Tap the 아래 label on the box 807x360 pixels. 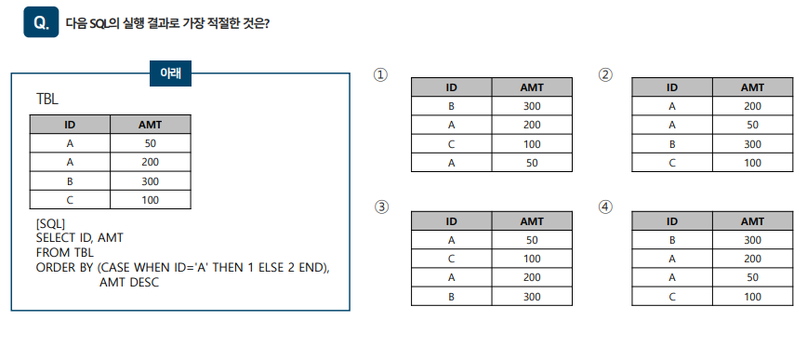(x=170, y=73)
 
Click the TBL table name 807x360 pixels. (x=47, y=99)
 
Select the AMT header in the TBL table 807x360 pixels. (x=150, y=125)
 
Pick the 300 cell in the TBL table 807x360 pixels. (x=150, y=180)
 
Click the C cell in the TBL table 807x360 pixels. (x=70, y=199)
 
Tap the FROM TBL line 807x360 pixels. (x=64, y=252)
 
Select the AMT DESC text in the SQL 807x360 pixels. (x=128, y=281)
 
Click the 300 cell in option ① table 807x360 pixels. (x=532, y=106)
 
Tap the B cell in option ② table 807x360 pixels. (x=671, y=144)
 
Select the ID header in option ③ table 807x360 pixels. (x=451, y=221)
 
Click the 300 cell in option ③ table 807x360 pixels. (x=532, y=297)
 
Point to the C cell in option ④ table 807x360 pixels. (x=671, y=297)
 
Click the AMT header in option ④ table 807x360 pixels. (x=752, y=221)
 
